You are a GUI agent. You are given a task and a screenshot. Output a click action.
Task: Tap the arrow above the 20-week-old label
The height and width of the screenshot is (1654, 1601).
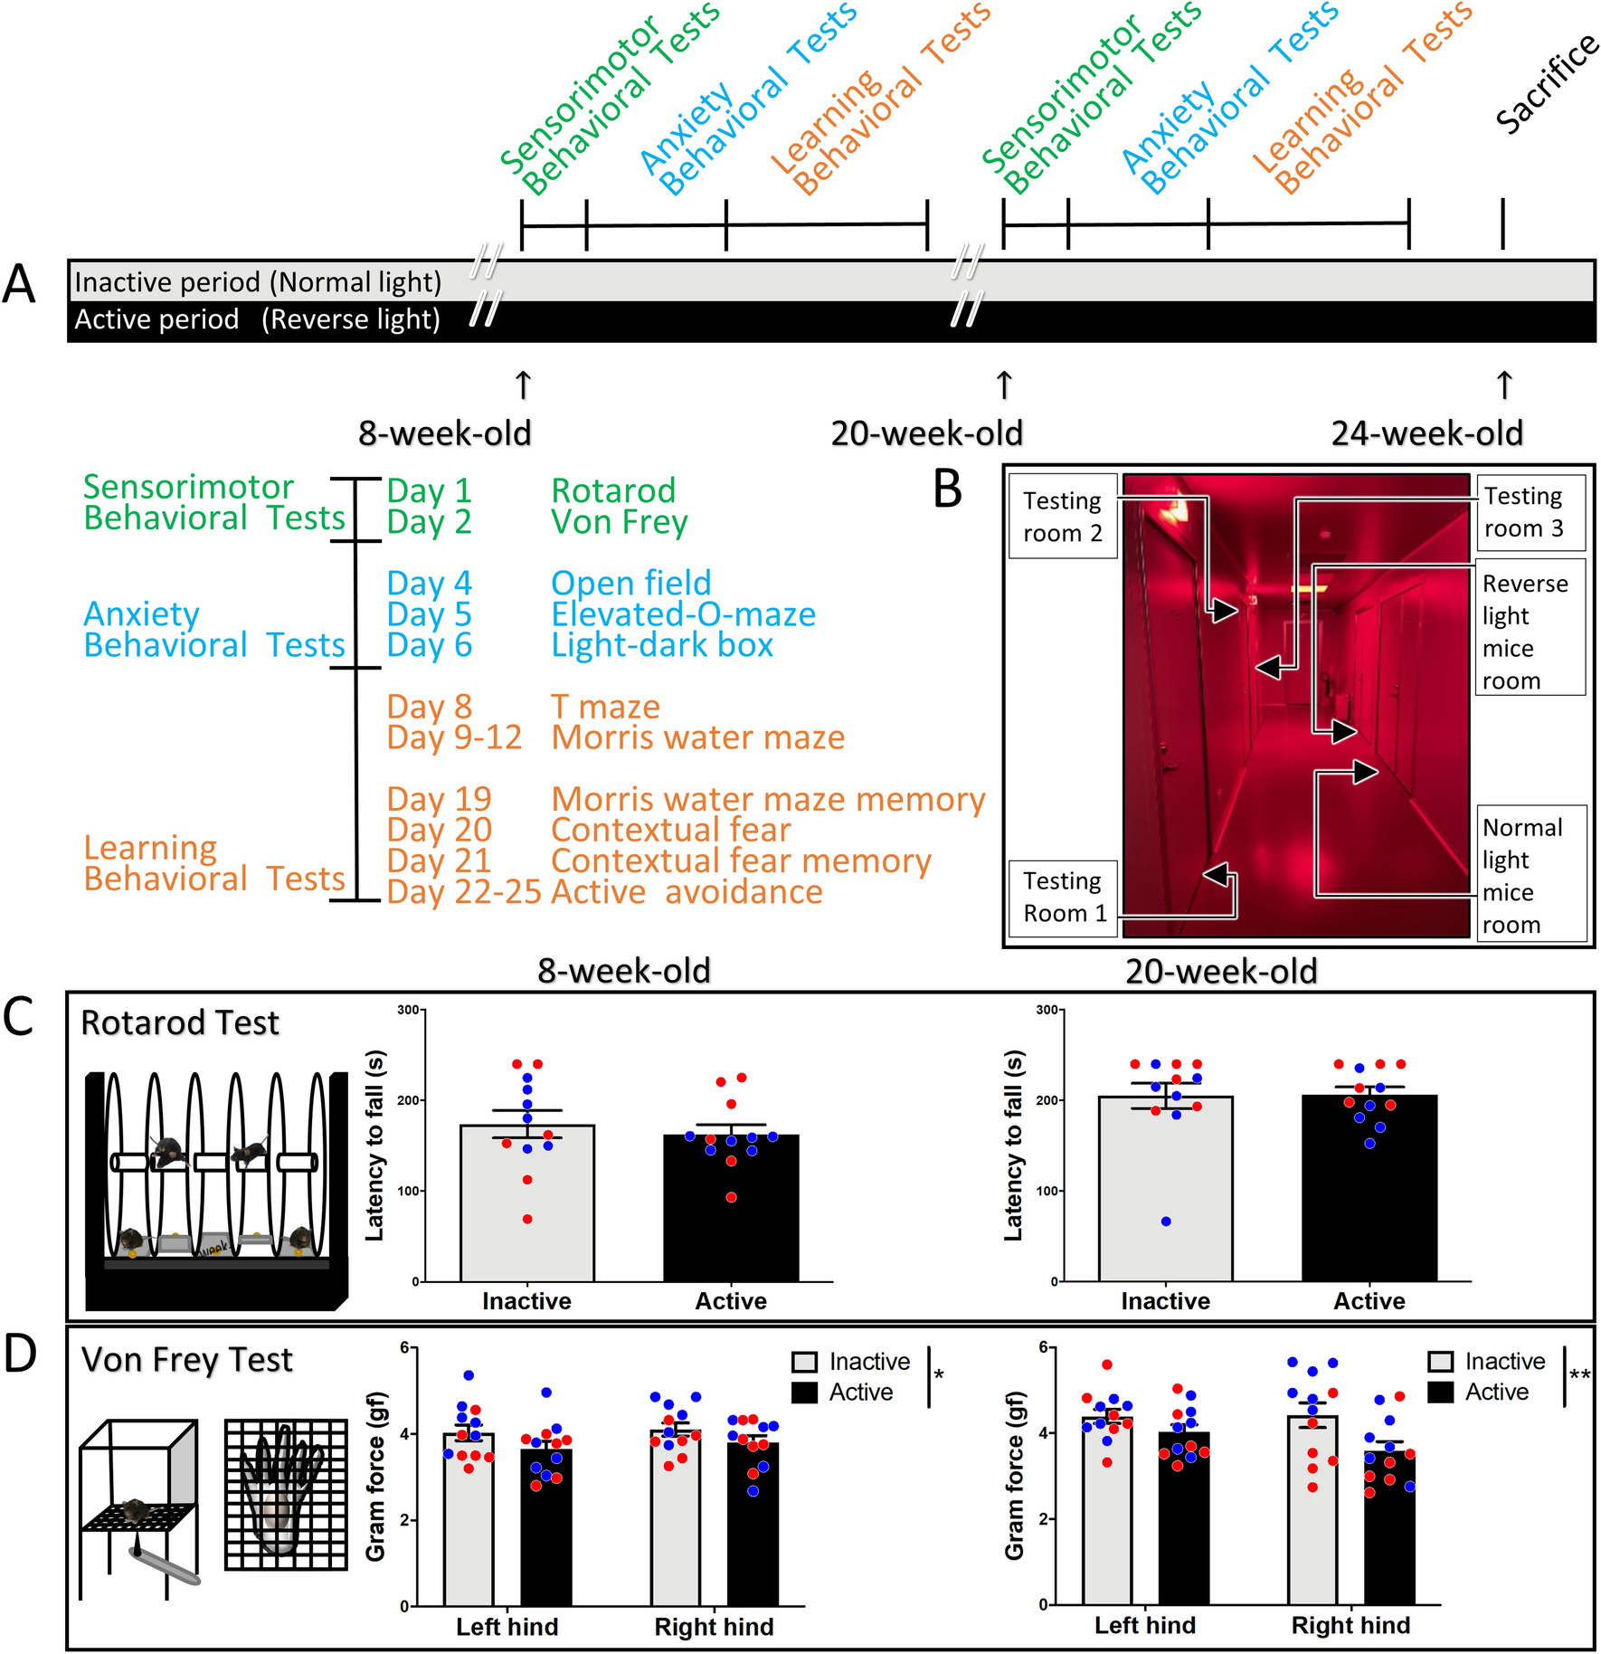pos(1004,385)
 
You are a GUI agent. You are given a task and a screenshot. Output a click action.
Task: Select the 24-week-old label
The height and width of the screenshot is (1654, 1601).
pos(1426,433)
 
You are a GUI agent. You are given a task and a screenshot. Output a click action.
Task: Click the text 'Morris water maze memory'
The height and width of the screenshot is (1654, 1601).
pos(768,799)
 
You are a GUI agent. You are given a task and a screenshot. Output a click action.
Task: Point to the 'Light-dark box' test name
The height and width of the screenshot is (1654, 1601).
pos(662,645)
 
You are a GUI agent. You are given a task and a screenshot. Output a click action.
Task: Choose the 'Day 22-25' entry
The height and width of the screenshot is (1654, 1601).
pos(463,892)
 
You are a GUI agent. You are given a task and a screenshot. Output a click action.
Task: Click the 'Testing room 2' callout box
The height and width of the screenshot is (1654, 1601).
pos(1063,517)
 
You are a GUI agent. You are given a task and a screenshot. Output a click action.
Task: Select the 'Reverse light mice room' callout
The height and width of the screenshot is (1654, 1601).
pos(1530,632)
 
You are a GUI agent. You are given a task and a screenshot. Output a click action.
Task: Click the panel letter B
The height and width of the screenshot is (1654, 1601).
pos(947,490)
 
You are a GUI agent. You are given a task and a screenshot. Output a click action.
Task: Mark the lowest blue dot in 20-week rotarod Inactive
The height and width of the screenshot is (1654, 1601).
pos(1166,1221)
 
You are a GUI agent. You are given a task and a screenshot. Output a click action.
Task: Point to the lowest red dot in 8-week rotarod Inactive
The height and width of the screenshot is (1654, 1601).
pos(527,1220)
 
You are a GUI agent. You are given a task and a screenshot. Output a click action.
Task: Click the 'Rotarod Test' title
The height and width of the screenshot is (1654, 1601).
pos(180,1023)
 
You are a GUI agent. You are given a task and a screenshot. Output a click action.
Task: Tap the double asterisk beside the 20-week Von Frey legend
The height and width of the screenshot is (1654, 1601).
pos(1579,1376)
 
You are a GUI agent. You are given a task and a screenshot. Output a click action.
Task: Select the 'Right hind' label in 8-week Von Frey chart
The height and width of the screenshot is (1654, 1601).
pos(714,1627)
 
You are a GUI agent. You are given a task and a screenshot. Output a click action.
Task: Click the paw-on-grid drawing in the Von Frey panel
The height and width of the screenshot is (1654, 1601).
pos(286,1494)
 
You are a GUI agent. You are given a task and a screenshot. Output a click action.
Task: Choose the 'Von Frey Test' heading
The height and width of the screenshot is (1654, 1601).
pos(187,1360)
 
